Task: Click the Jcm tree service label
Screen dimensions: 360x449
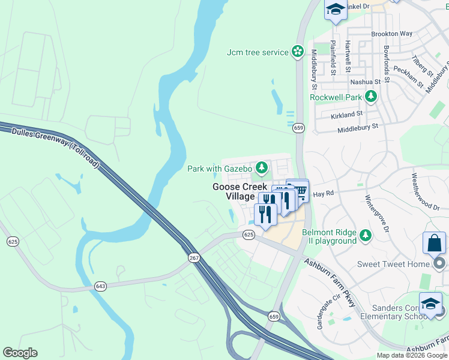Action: point(258,52)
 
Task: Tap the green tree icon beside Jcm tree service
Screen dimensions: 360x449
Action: point(298,52)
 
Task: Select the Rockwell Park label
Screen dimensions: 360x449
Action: point(336,97)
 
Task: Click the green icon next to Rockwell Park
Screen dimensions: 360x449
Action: point(371,96)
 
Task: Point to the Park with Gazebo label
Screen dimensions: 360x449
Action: point(220,169)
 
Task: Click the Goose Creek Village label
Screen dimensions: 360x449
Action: point(240,191)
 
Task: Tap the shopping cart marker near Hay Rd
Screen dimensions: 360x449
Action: point(297,191)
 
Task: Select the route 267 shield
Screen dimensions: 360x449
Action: point(194,257)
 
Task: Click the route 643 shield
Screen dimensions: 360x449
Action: point(100,286)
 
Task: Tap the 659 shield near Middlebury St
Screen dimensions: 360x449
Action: point(298,128)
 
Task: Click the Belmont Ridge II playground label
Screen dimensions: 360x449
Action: point(329,236)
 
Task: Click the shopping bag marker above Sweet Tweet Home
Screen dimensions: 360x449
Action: point(434,244)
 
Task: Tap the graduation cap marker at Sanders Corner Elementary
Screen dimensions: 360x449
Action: point(430,304)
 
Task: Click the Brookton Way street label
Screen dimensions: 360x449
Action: point(391,34)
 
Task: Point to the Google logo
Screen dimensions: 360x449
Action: point(20,353)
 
